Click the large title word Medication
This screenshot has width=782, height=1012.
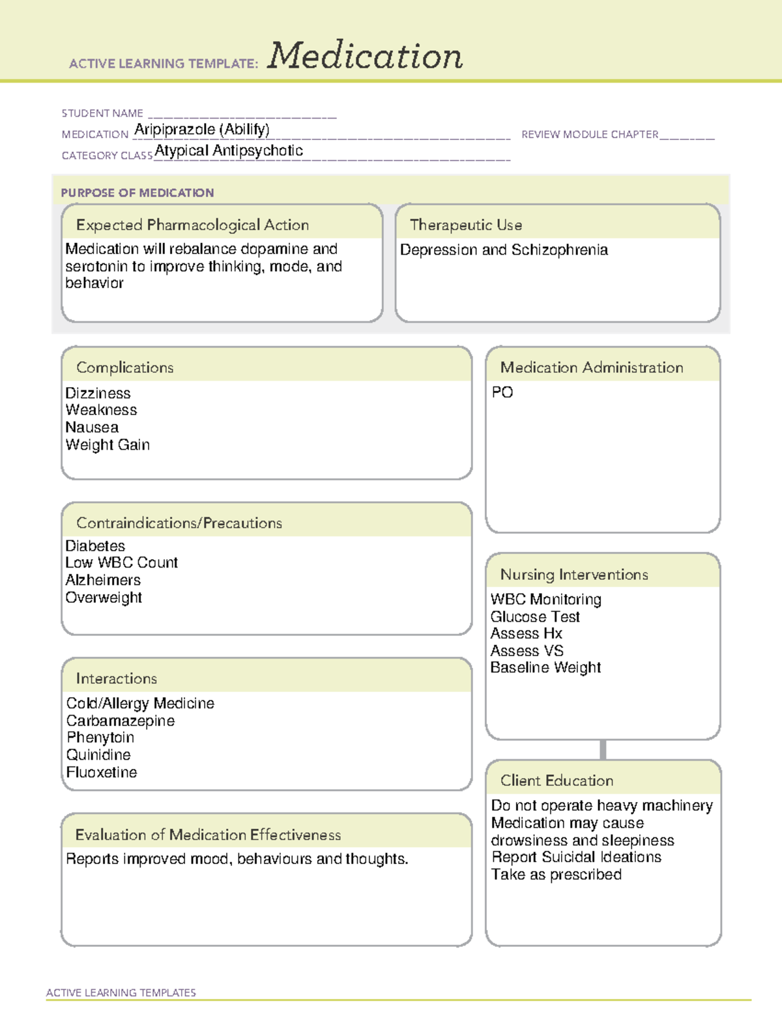coord(365,56)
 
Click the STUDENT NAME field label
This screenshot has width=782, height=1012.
coord(102,113)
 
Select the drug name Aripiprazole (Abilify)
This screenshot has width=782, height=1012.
coord(201,130)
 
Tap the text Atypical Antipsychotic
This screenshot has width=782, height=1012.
coord(229,151)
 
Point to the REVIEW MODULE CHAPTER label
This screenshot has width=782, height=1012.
coord(590,134)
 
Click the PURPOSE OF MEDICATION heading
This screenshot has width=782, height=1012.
coord(137,193)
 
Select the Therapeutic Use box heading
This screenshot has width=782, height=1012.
coord(466,225)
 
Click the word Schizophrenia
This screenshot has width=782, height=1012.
coord(560,250)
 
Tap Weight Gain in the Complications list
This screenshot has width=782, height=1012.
coord(108,445)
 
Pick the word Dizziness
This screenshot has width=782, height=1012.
coord(98,394)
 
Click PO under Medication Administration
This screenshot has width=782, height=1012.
coord(502,392)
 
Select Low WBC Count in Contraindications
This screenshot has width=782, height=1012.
coord(121,563)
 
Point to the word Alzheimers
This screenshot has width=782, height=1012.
coord(103,580)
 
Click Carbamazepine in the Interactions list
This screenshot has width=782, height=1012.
coord(121,721)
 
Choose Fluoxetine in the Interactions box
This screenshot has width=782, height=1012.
coord(102,772)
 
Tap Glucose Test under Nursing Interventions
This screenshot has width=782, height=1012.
coord(535,616)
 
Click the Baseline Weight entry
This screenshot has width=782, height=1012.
coord(545,668)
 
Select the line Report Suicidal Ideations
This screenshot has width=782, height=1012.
coord(576,858)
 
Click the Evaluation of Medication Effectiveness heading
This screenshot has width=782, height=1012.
coord(208,835)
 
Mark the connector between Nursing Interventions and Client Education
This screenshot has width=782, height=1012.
coord(603,749)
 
